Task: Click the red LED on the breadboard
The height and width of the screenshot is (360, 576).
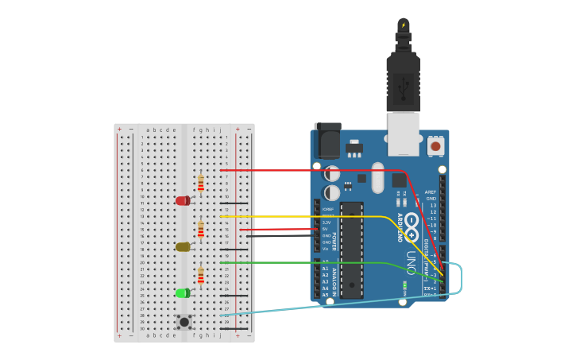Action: coord(183,200)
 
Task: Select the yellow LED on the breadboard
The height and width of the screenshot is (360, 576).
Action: coord(183,247)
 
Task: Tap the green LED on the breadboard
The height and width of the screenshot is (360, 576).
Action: coord(183,293)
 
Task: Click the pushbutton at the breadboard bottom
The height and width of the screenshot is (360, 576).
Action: coord(184,322)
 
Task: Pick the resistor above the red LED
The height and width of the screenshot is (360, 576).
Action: coord(201,183)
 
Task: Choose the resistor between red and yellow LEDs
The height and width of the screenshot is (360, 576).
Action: coord(201,229)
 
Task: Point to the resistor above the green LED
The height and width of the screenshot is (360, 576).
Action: coord(201,275)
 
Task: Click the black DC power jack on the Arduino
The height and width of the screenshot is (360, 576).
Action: coord(327,141)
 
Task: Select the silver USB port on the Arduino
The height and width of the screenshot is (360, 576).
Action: coord(404,133)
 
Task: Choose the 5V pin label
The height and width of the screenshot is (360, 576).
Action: coord(325,229)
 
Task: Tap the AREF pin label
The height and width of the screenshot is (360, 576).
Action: coord(431,192)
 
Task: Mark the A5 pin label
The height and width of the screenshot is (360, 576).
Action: coord(325,295)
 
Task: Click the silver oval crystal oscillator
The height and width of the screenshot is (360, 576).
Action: coord(377,177)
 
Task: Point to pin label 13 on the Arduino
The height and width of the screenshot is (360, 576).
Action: coord(433,205)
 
